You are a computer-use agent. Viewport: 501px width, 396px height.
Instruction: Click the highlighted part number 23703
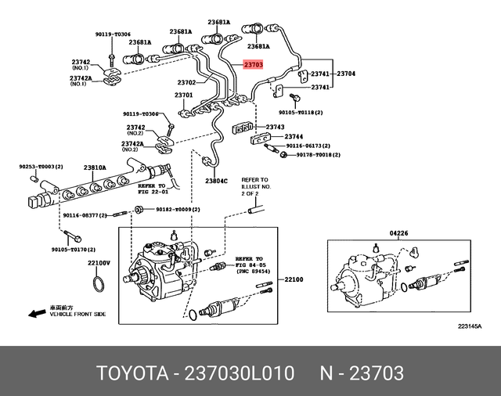click(x=256, y=67)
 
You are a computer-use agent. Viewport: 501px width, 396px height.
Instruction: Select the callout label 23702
click(x=186, y=82)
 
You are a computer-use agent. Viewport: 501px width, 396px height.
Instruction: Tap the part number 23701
click(x=183, y=95)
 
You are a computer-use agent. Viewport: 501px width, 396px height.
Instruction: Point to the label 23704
click(x=346, y=74)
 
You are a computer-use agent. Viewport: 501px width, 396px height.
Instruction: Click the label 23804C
click(x=216, y=181)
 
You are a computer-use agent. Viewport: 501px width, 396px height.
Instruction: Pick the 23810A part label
click(x=96, y=167)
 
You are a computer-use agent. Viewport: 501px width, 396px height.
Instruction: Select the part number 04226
click(x=400, y=233)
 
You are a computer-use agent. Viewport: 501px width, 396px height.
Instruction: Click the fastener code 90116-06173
click(x=307, y=146)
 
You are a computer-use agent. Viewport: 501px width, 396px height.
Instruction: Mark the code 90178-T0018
click(x=318, y=156)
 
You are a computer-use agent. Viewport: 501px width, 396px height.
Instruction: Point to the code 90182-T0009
click(x=177, y=209)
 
